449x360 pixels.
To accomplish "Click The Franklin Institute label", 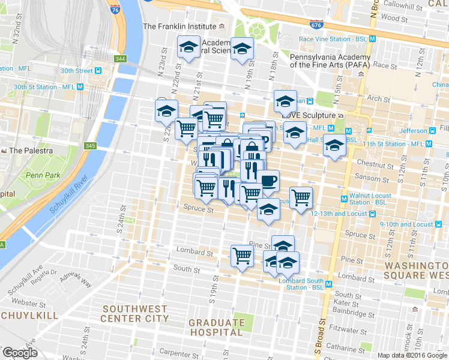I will tap(179, 26).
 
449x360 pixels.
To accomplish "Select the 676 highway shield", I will tap(316, 25).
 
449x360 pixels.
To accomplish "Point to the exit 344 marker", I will tap(121, 58).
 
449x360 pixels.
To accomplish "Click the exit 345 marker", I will tap(91, 146).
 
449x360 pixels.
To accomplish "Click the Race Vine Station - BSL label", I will tap(333, 39).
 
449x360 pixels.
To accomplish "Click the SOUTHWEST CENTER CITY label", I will tap(134, 313).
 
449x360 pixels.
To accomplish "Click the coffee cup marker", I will tap(267, 179).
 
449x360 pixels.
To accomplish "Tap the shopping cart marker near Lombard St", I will tap(242, 255).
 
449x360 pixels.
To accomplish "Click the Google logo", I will tap(20, 353).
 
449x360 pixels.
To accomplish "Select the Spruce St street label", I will tap(198, 210).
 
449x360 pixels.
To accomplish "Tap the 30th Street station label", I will tap(76, 70).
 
